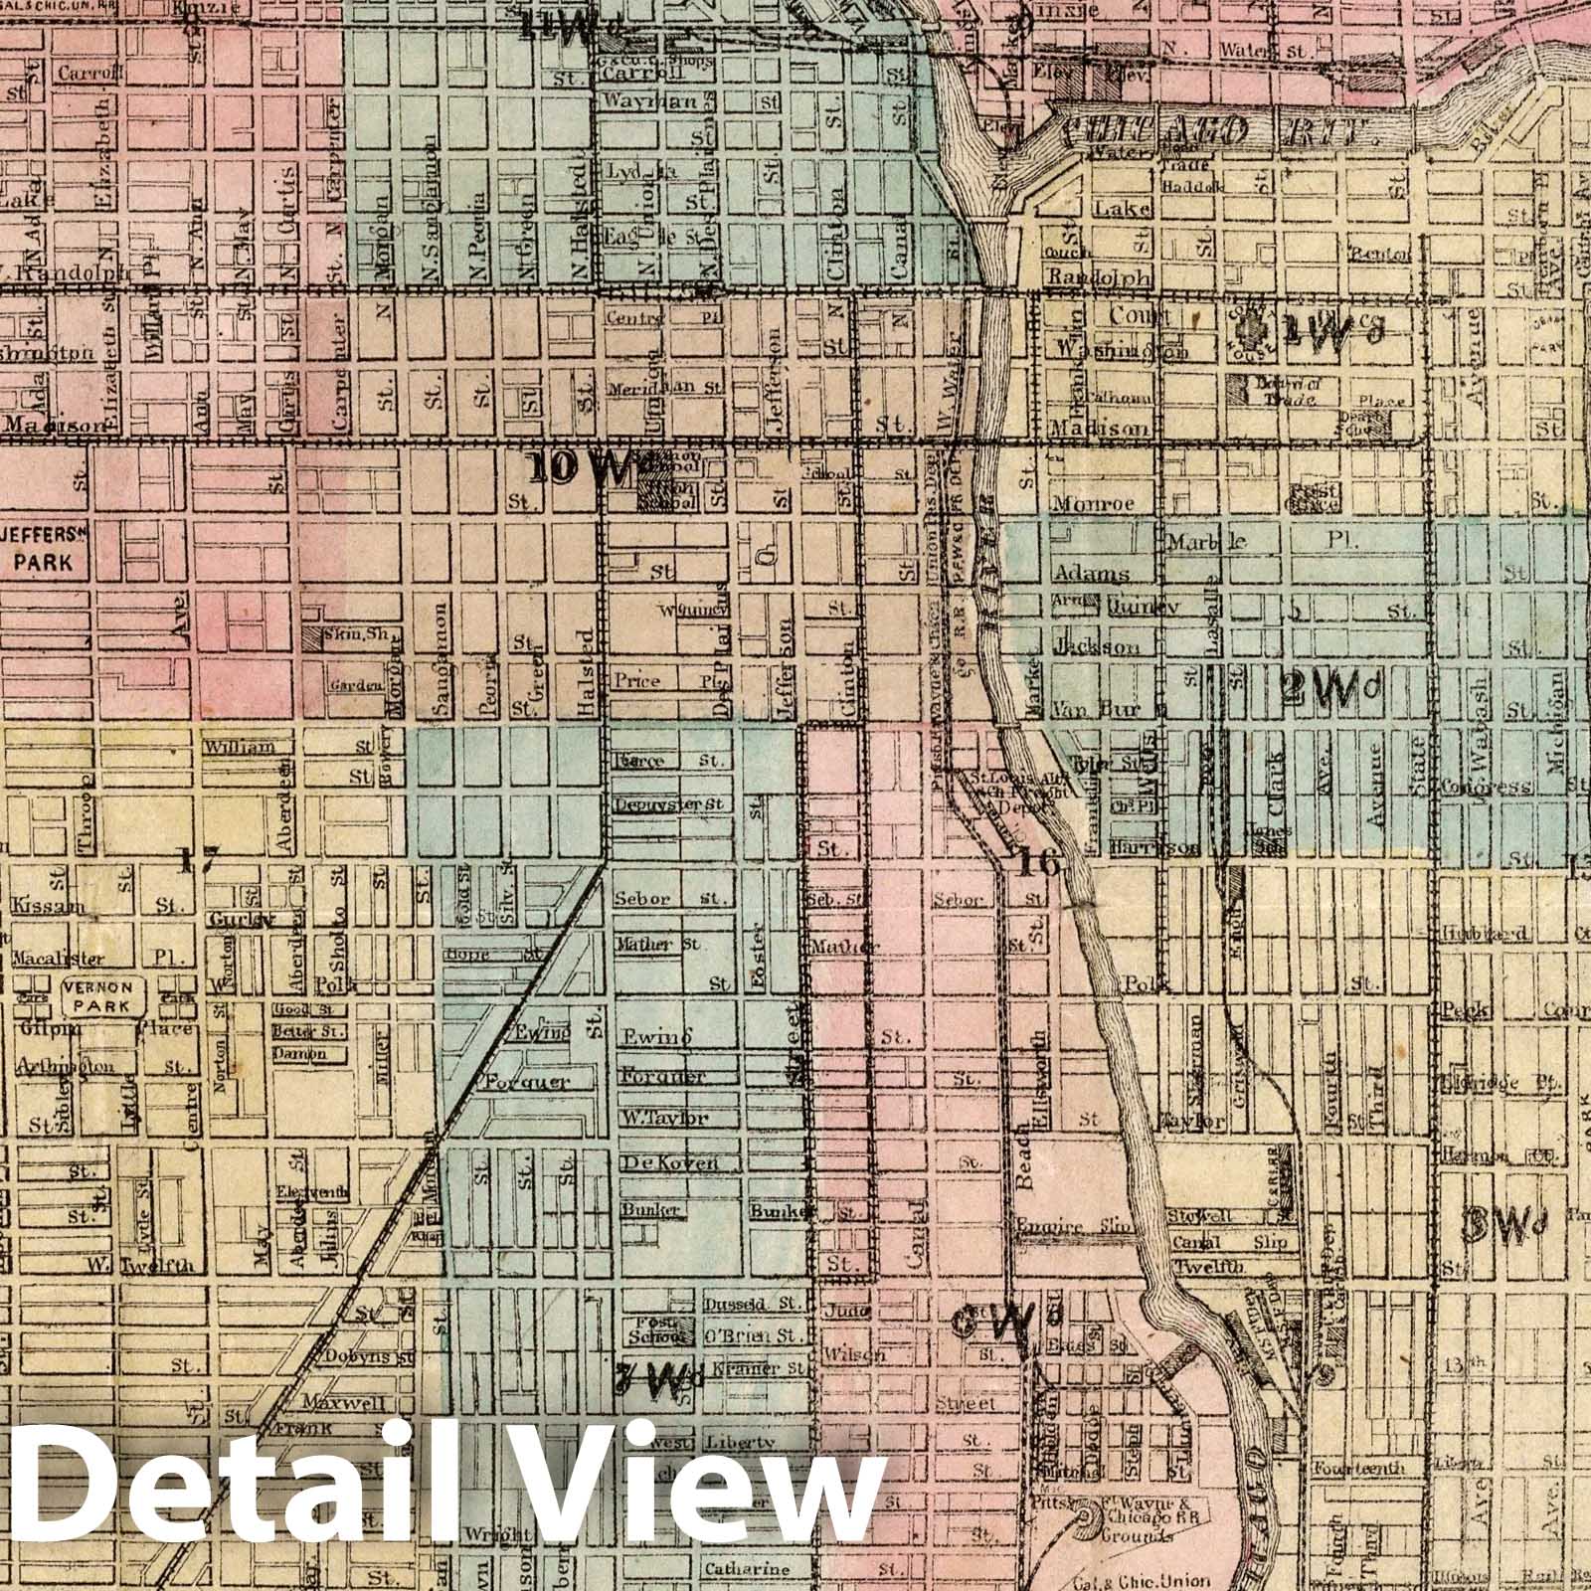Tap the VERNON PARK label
[x=96, y=996]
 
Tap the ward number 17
[x=195, y=860]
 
